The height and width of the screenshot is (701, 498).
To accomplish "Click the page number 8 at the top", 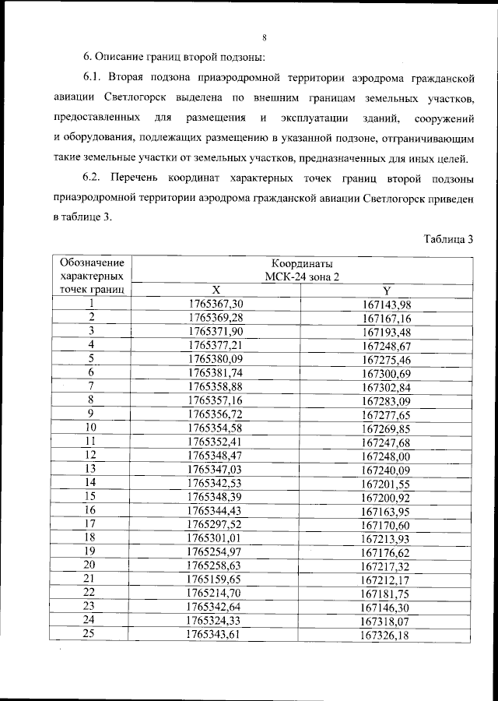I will (x=265, y=37).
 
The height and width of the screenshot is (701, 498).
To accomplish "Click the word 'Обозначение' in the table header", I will (x=90, y=262).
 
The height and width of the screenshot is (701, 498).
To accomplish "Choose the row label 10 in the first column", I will (x=91, y=427).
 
